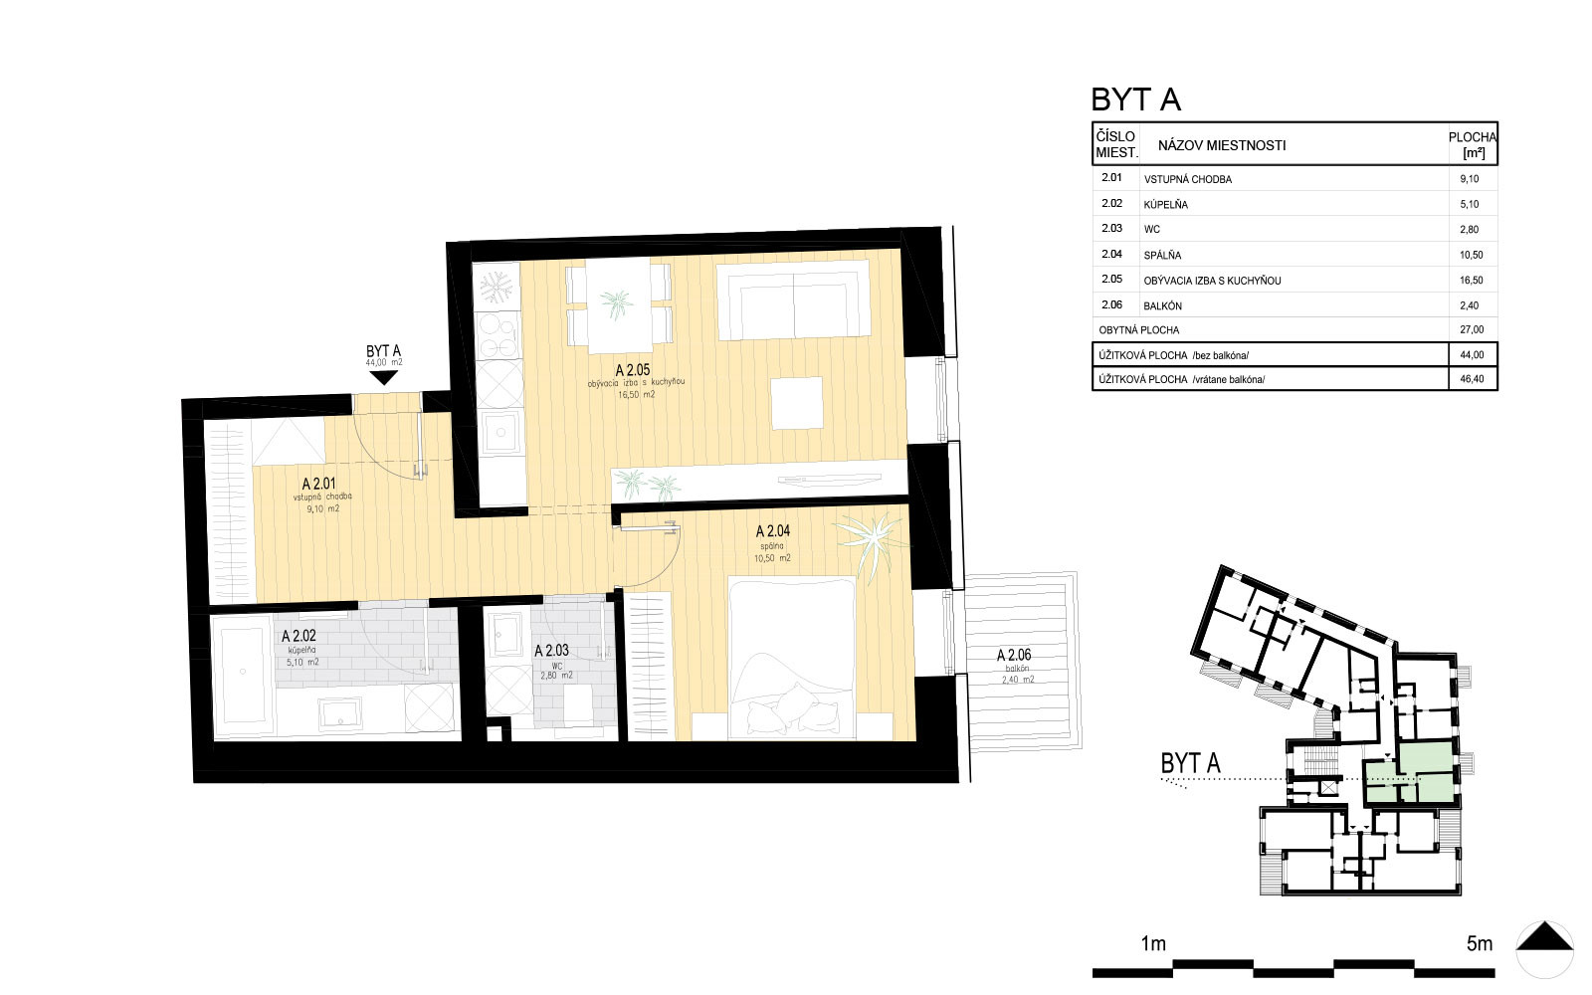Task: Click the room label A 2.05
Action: tap(633, 370)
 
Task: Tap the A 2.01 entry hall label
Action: tap(318, 484)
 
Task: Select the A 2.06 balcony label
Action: tap(1014, 656)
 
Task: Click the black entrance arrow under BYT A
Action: tap(384, 377)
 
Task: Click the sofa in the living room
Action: tap(793, 299)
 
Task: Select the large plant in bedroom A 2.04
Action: tap(872, 543)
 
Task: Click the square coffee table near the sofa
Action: tap(797, 403)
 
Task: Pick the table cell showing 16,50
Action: tap(1472, 280)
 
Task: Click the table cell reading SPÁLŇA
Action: tap(1162, 255)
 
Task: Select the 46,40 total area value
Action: tap(1472, 379)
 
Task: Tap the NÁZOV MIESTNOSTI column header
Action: tap(1222, 145)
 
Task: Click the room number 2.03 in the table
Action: tap(1111, 228)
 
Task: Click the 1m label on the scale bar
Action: tap(1153, 944)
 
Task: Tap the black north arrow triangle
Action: tap(1544, 936)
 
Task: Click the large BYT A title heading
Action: tap(1135, 100)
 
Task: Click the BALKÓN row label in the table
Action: tap(1163, 305)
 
